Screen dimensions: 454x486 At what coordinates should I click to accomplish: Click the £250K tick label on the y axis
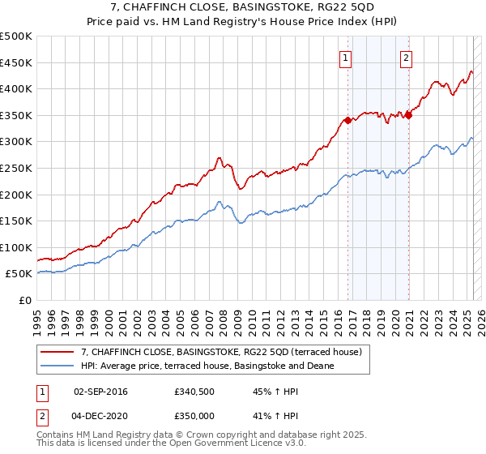16,168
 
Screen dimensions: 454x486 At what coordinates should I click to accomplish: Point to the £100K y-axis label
16,247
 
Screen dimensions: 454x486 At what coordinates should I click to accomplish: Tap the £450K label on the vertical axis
16,62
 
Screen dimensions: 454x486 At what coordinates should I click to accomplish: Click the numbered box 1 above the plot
346,58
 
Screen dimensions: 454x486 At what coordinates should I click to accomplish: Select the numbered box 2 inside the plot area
406,58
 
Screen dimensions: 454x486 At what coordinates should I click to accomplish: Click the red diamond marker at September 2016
348,120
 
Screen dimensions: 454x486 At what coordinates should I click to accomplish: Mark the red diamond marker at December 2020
409,115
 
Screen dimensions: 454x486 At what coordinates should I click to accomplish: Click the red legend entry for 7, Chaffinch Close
225,352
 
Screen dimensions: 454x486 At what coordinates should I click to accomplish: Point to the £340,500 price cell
194,392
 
